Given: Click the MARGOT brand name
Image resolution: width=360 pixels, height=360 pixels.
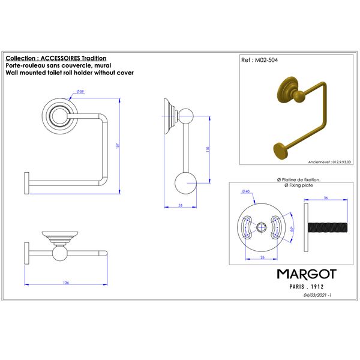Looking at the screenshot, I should tap(306, 274).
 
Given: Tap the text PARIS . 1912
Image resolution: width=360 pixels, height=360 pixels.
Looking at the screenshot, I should tap(306, 287).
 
